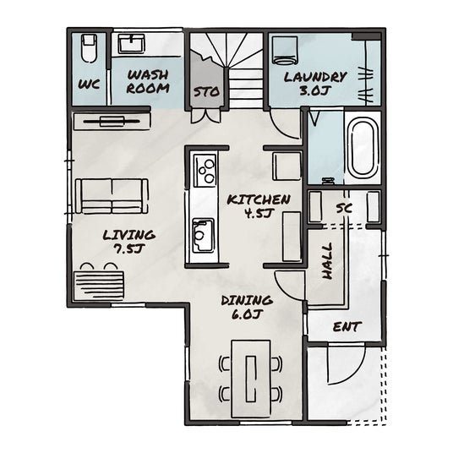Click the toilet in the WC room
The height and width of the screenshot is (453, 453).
89,48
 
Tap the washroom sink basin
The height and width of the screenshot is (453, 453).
132,44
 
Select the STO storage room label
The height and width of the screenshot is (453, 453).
206,92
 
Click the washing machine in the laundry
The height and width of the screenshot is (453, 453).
285,50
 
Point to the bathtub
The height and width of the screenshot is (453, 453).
363,148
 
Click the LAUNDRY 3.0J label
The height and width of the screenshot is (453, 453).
315,83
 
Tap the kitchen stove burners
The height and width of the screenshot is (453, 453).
205,171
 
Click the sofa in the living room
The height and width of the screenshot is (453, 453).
112,196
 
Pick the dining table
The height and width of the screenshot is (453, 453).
251,379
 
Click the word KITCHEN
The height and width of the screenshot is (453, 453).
259,200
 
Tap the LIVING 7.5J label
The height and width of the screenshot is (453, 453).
128,242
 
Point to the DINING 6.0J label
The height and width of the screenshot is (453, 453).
247,308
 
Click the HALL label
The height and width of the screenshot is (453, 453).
327,261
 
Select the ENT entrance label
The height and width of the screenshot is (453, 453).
347,327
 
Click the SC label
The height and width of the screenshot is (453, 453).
344,208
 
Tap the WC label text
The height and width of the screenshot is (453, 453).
89,85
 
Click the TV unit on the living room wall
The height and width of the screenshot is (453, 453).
112,122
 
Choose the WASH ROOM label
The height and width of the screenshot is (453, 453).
148,82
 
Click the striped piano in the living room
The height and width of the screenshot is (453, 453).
99,281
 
